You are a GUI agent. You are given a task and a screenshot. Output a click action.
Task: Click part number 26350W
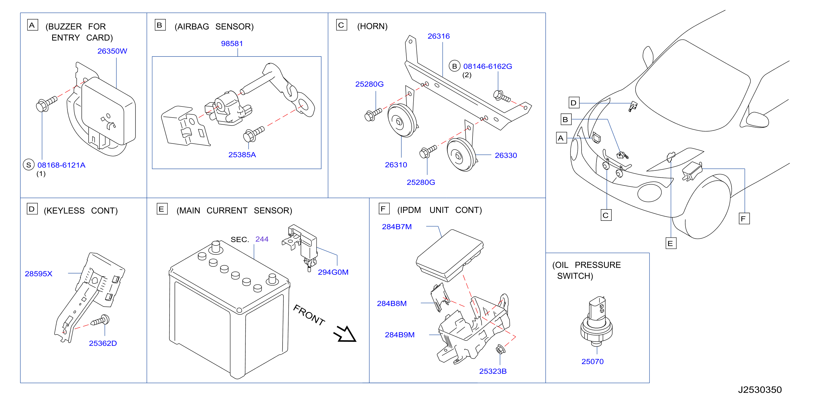click(x=112, y=51)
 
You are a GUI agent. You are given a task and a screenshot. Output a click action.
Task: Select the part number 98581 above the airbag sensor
click(x=232, y=43)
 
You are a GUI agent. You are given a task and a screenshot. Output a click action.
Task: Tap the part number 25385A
click(x=242, y=155)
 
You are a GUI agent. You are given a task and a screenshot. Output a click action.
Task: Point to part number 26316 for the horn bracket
click(x=439, y=36)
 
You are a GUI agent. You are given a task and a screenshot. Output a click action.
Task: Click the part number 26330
click(x=506, y=155)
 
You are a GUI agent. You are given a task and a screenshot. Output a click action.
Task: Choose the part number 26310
click(x=396, y=165)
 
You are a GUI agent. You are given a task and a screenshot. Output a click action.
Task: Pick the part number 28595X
click(x=39, y=274)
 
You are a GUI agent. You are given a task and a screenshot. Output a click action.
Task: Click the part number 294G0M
click(x=333, y=272)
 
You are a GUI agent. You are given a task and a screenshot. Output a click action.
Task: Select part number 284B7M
click(x=397, y=227)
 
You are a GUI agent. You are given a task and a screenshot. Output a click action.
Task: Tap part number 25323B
click(x=493, y=371)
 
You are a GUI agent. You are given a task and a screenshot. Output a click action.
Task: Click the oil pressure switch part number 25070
click(x=592, y=362)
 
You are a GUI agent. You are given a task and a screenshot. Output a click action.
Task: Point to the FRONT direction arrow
click(x=345, y=334)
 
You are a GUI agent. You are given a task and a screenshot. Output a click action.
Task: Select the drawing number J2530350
click(x=760, y=390)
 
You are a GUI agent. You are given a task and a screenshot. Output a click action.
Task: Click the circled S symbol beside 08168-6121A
click(x=29, y=165)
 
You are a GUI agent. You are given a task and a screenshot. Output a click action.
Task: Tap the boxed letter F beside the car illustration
click(x=744, y=219)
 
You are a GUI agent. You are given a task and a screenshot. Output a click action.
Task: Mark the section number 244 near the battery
click(x=262, y=239)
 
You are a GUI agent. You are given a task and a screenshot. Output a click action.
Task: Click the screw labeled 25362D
click(x=100, y=321)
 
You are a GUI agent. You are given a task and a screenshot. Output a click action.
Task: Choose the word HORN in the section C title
click(x=373, y=26)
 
